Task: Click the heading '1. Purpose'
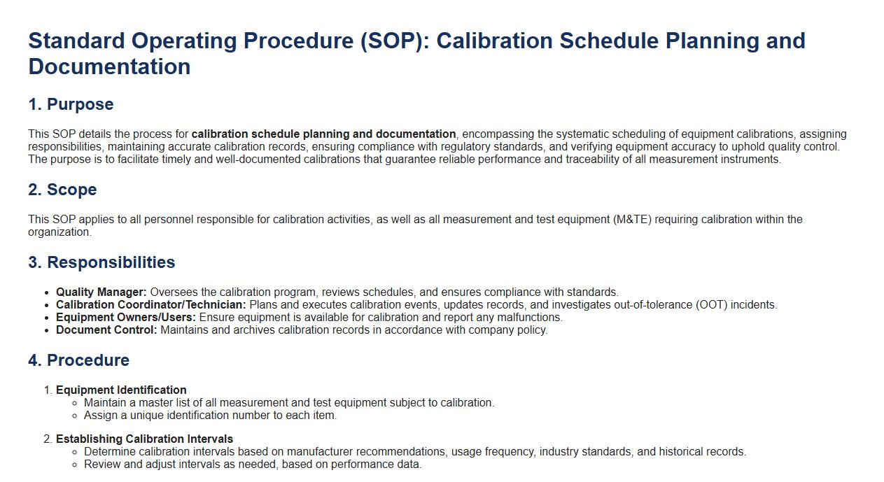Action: pos(71,104)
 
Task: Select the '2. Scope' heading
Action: pos(62,190)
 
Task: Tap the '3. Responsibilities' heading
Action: pos(101,262)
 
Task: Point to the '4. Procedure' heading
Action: pos(78,360)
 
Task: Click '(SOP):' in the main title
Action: pos(395,41)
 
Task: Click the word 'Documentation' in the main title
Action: pos(109,66)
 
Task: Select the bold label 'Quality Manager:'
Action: pos(101,292)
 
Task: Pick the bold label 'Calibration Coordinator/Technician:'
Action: pos(150,305)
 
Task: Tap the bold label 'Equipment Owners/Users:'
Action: pos(126,318)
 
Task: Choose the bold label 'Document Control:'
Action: pos(106,330)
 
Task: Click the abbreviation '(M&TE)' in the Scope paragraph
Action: pos(632,220)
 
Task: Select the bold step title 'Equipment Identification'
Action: pos(121,390)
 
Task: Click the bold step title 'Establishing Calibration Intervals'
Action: pos(144,439)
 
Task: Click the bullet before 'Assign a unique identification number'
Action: pos(75,416)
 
